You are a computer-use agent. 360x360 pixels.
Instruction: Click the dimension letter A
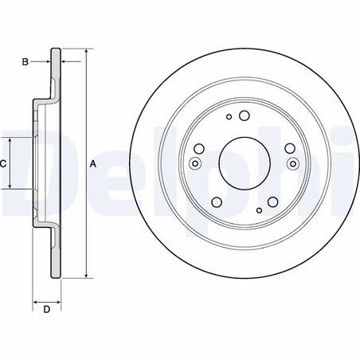click(x=92, y=164)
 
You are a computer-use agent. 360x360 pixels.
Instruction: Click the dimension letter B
click(x=25, y=61)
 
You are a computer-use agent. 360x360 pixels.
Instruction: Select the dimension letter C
click(x=3, y=163)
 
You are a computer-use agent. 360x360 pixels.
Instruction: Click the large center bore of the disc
click(x=245, y=163)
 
